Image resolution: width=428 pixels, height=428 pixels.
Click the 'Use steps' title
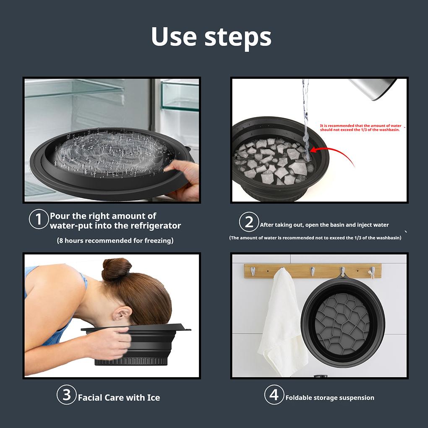(x=211, y=37)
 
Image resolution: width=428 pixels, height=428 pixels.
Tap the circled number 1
(x=39, y=219)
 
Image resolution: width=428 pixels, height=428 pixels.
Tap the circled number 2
(x=249, y=222)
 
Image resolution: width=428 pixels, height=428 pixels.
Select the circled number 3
(x=66, y=395)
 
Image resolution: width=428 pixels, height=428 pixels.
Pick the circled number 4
(x=274, y=395)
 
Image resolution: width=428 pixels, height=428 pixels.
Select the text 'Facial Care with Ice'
(x=119, y=397)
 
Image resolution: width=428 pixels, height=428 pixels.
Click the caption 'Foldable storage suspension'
(x=330, y=397)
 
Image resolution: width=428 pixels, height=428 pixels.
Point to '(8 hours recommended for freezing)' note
(x=115, y=240)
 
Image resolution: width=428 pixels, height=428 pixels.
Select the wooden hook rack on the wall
(x=313, y=271)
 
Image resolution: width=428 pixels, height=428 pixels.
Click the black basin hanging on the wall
(x=342, y=321)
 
